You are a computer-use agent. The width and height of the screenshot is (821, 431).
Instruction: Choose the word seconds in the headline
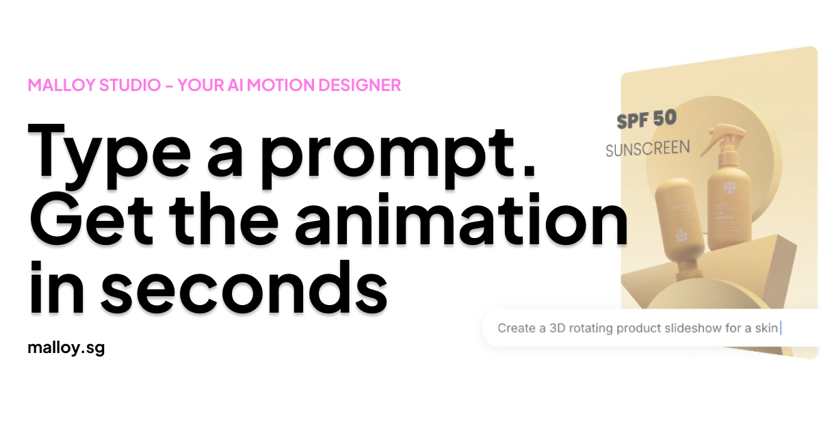247,284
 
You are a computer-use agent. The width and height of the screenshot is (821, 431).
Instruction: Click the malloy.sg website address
66,348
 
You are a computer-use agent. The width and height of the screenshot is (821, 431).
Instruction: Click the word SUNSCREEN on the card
647,147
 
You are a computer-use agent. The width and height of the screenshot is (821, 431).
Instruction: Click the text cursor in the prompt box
781,328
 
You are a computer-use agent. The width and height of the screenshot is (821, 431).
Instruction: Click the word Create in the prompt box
517,328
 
